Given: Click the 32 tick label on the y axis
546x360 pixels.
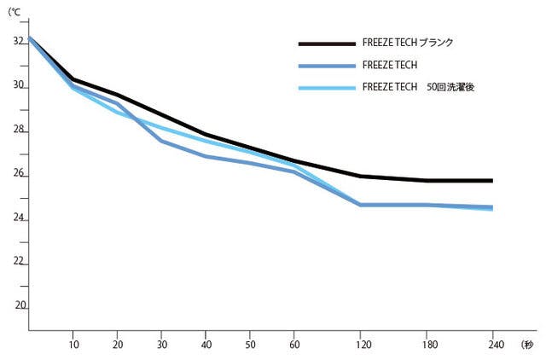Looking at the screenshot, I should [x=17, y=41].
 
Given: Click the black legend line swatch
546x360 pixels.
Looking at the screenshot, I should [x=326, y=43].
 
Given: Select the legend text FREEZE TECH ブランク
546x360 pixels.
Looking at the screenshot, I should [x=408, y=43].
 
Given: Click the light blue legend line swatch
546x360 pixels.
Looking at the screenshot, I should [x=326, y=87].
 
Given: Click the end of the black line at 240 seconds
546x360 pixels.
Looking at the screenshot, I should [x=492, y=181].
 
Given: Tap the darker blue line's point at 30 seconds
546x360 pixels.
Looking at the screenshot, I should [x=161, y=141].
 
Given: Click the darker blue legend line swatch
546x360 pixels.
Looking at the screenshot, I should [x=326, y=65].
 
